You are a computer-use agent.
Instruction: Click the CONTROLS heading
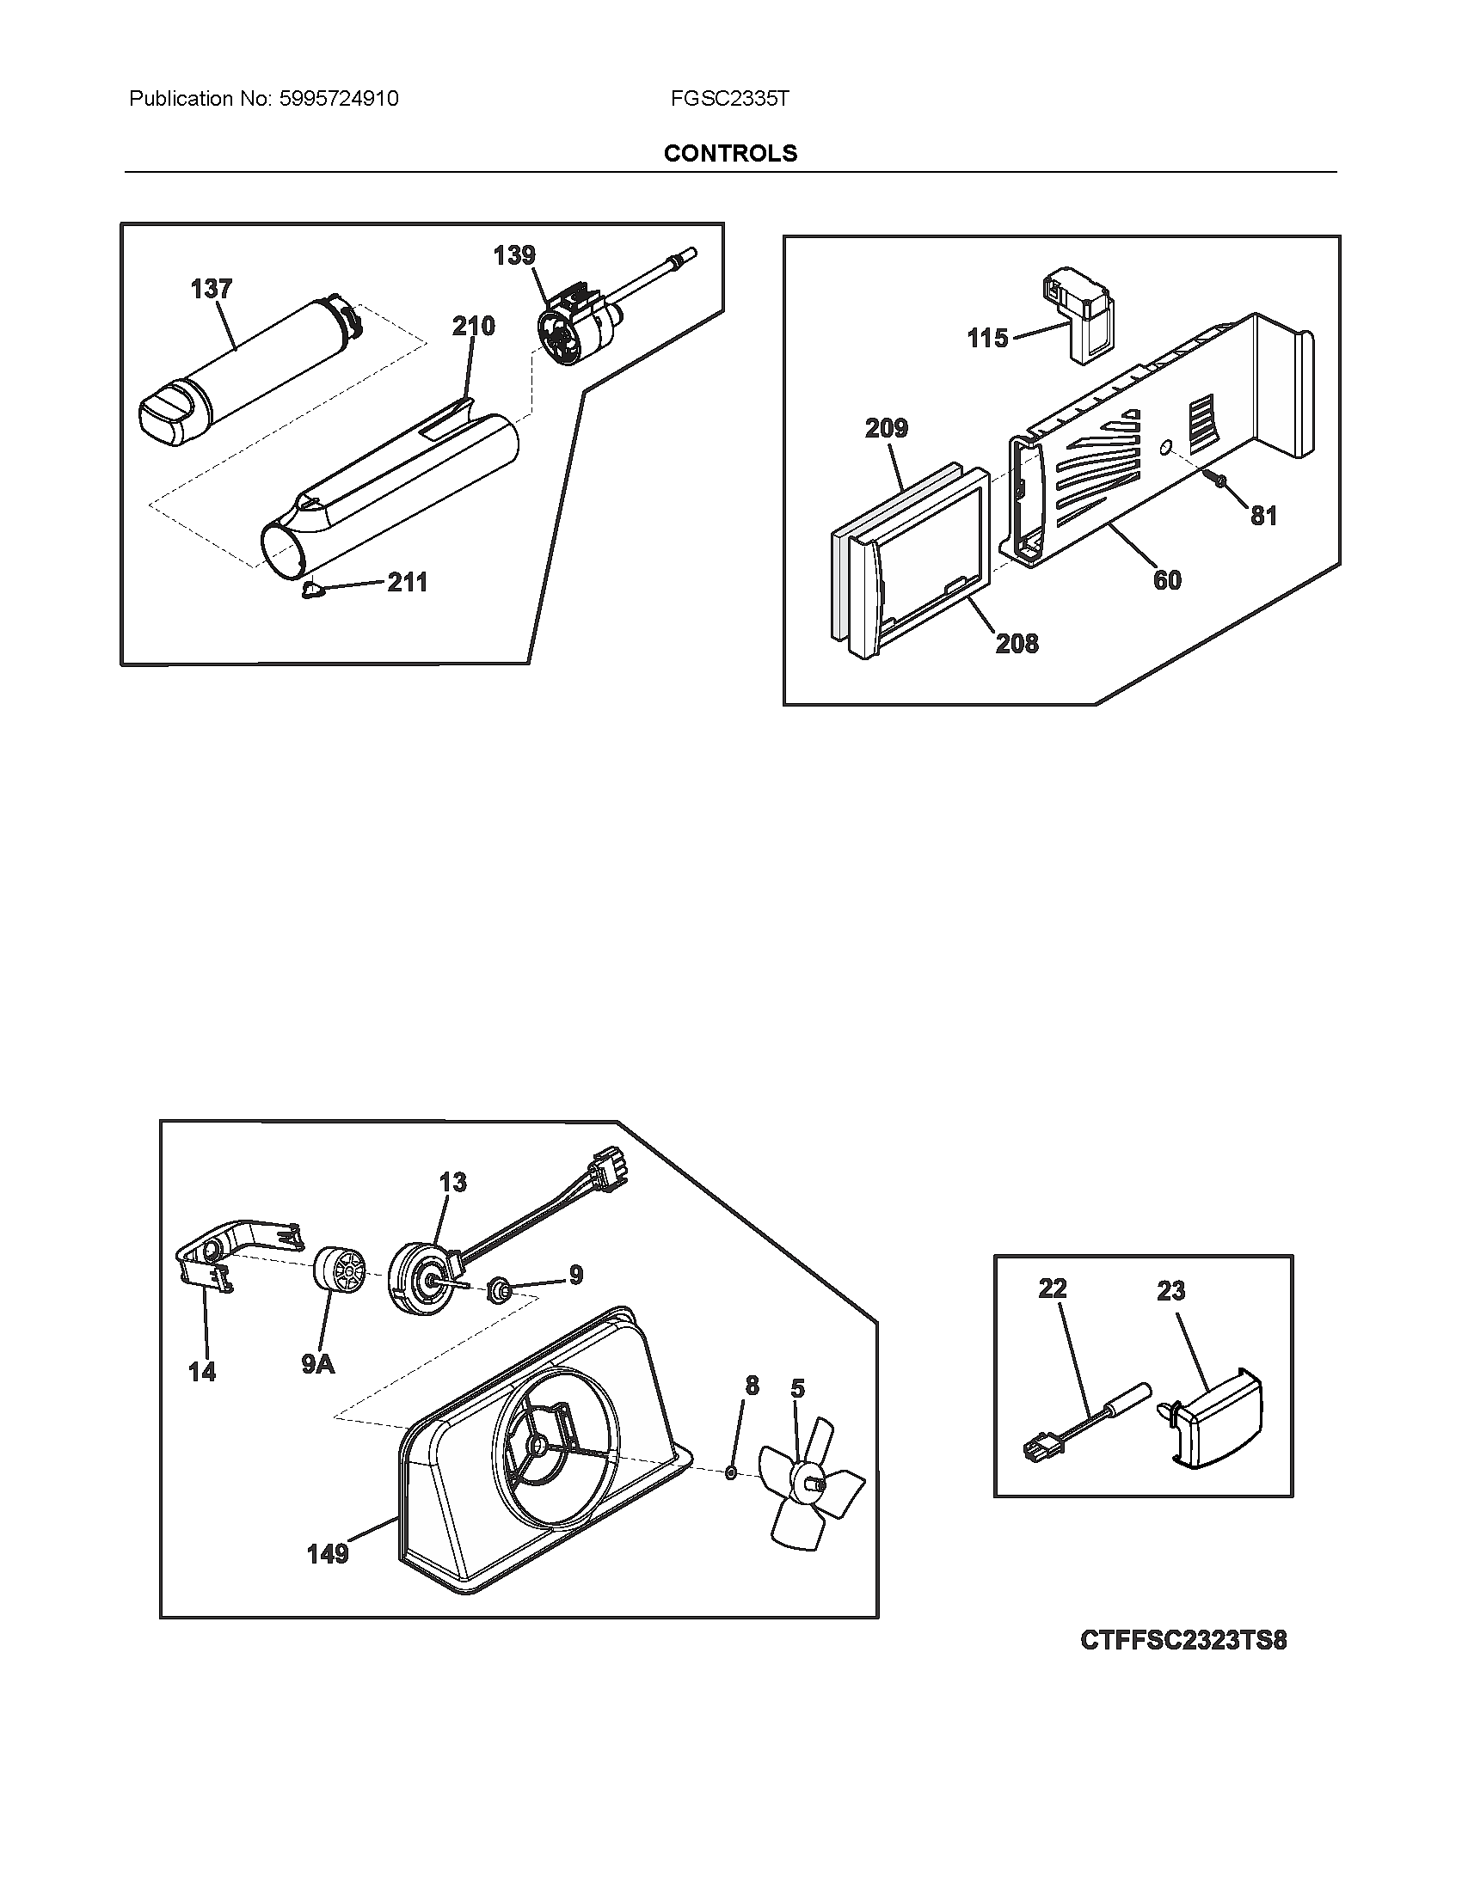coord(730,153)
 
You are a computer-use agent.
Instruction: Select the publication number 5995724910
coord(339,99)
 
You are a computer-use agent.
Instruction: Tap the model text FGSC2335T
coord(729,99)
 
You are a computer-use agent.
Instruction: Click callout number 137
coord(212,288)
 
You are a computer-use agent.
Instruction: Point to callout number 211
coord(407,583)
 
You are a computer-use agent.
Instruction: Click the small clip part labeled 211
coord(312,590)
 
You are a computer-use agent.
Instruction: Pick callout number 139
coord(514,255)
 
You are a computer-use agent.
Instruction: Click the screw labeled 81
coord(1217,478)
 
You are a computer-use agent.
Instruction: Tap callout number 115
coord(987,338)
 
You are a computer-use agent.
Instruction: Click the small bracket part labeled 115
coord(1079,317)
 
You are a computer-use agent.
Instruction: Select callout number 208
coord(1017,643)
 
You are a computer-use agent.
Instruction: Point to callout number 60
coord(1167,580)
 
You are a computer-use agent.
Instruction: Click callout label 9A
coord(318,1365)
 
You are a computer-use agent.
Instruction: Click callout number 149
coord(328,1554)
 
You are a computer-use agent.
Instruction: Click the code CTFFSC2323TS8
coord(1183,1640)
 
